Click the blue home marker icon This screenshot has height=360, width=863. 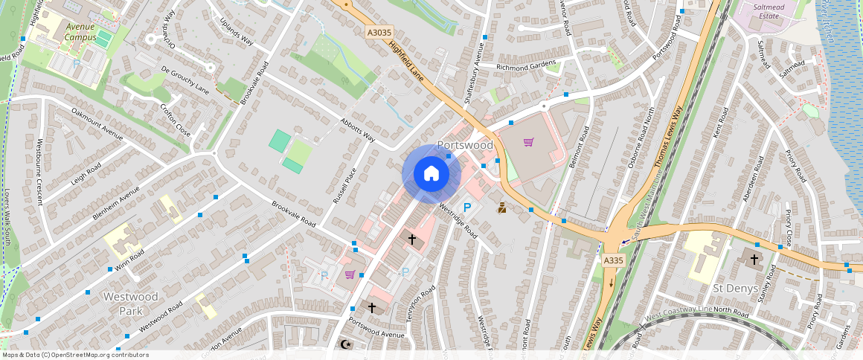431,174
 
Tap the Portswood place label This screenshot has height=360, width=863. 465,144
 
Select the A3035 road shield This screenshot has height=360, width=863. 379,33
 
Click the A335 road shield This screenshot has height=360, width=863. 612,260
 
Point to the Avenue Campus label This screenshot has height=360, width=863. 80,31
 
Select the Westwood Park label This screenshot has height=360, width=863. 130,303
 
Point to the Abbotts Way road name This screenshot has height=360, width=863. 357,129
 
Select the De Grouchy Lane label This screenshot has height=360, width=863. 185,80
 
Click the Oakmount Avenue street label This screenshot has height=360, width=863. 97,123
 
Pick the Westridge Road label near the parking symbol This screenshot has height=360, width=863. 458,220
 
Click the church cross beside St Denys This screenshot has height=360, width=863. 754,260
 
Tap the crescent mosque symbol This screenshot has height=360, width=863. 344,344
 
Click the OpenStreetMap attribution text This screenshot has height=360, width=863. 75,355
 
